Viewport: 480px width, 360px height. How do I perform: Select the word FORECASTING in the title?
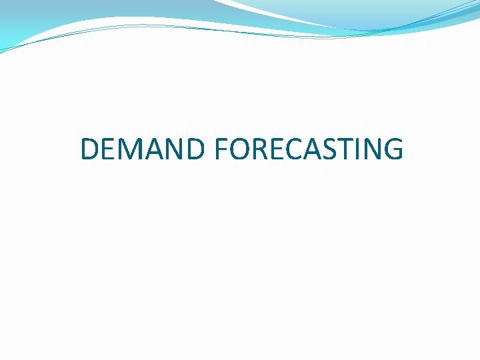pos(309,149)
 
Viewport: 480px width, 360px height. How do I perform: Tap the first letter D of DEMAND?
pos(90,149)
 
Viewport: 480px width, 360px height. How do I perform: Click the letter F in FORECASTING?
pos(221,149)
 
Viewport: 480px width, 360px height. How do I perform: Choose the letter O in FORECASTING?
pos(239,149)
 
